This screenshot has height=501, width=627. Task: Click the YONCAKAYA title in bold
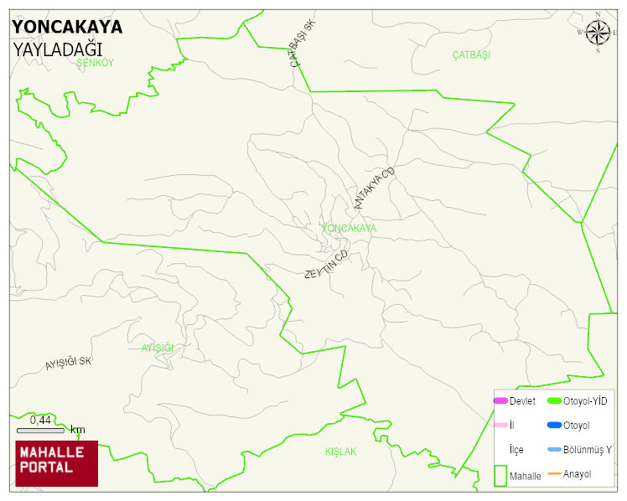[x=67, y=27]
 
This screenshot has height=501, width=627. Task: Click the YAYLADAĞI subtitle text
[x=57, y=49]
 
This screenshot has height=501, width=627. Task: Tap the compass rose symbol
[x=598, y=33]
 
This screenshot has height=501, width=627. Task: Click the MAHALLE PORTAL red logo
[x=56, y=463]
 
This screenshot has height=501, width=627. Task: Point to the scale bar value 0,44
[x=40, y=420]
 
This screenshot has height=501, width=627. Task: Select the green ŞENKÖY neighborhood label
[x=94, y=63]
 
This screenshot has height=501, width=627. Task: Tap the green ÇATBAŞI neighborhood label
[x=470, y=54]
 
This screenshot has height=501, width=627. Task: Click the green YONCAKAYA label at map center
[x=349, y=228]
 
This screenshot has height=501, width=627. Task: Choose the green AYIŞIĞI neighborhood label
[x=157, y=348]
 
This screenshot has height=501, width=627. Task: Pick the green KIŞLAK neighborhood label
[x=340, y=452]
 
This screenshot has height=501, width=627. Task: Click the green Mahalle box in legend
[x=501, y=475]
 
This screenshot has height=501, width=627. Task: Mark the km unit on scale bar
[x=77, y=430]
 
